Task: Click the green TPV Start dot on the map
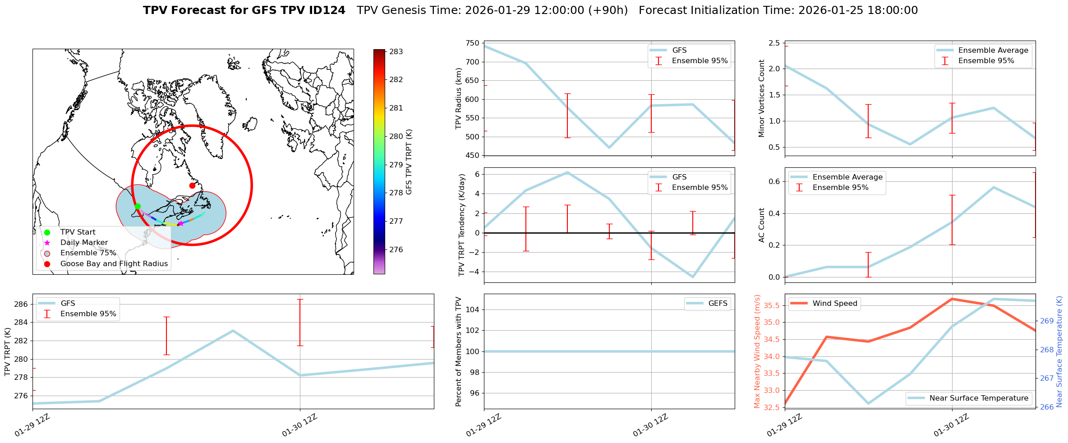pyautogui.click(x=138, y=206)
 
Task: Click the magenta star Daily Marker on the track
pyautogui.click(x=181, y=223)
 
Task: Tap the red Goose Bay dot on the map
pyautogui.click(x=192, y=185)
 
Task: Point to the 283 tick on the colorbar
pyautogui.click(x=396, y=52)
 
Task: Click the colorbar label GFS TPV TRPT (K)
pyautogui.click(x=409, y=162)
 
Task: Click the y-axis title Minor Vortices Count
pyautogui.click(x=762, y=98)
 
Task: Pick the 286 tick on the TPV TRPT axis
pyautogui.click(x=21, y=304)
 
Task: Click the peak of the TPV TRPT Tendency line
pyautogui.click(x=567, y=172)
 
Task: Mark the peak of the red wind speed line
pyautogui.click(x=952, y=299)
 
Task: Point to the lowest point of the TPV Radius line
pyautogui.click(x=609, y=148)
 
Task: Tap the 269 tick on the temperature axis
pyautogui.click(x=1047, y=321)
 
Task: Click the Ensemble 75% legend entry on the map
pyautogui.click(x=88, y=253)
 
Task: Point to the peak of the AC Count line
pyautogui.click(x=994, y=187)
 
